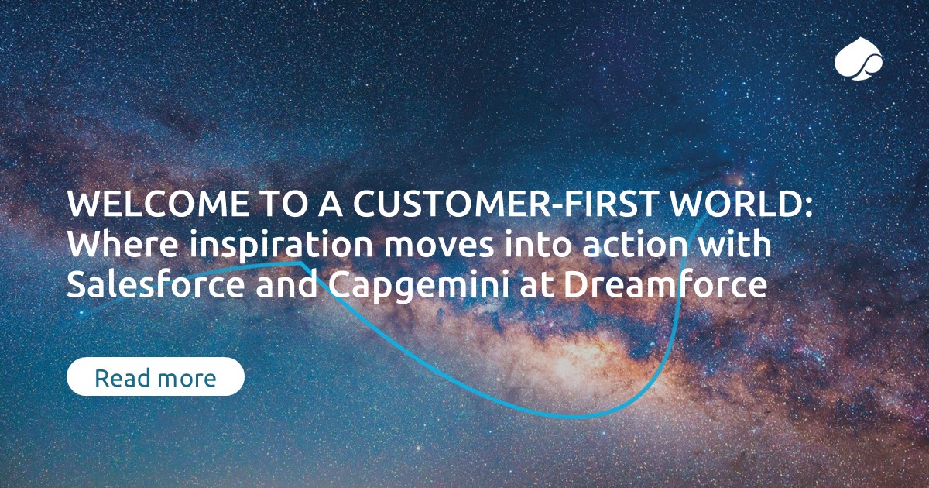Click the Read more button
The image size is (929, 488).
coord(156,377)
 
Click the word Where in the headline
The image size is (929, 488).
coord(111,246)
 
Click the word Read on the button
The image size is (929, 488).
coord(122,379)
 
